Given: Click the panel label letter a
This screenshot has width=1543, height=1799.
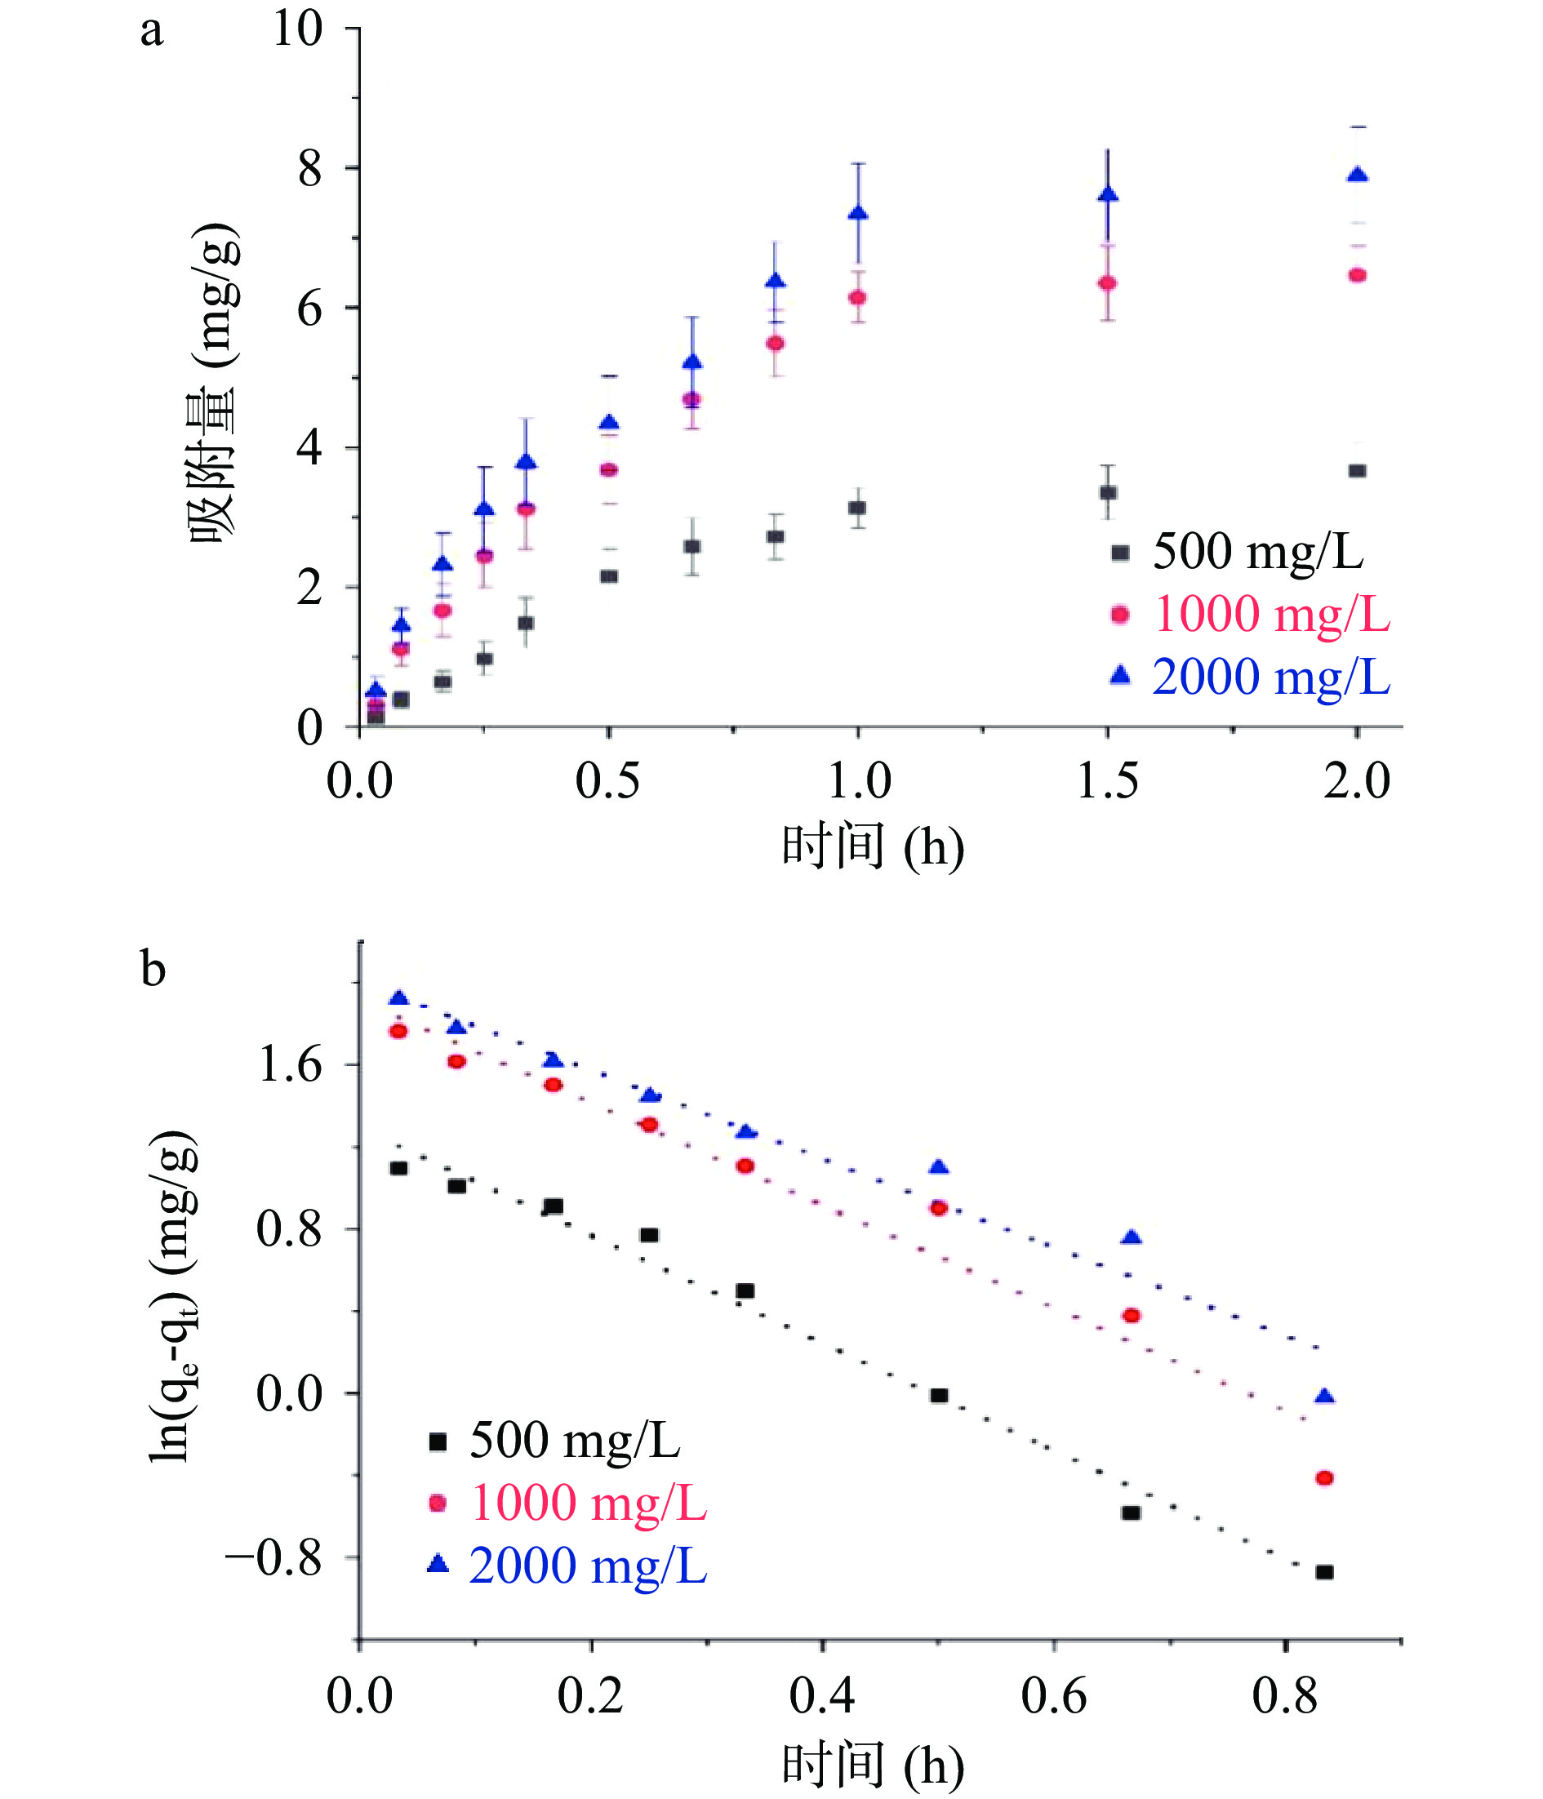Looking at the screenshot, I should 151,31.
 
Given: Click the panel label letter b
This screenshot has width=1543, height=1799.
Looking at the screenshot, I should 153,969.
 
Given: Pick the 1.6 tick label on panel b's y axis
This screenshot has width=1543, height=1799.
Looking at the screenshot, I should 290,1064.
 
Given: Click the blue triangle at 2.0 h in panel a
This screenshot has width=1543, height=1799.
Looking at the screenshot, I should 1357,175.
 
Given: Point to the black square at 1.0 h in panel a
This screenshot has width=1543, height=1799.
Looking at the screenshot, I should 857,508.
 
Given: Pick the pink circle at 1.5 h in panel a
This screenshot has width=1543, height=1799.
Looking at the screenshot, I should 1107,283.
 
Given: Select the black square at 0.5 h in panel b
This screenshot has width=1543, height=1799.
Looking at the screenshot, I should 939,1395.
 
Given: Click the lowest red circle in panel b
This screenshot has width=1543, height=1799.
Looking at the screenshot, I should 1324,1477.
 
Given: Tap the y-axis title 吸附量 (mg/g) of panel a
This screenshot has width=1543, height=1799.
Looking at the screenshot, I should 213,382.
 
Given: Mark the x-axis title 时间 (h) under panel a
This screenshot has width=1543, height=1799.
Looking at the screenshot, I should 873,846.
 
